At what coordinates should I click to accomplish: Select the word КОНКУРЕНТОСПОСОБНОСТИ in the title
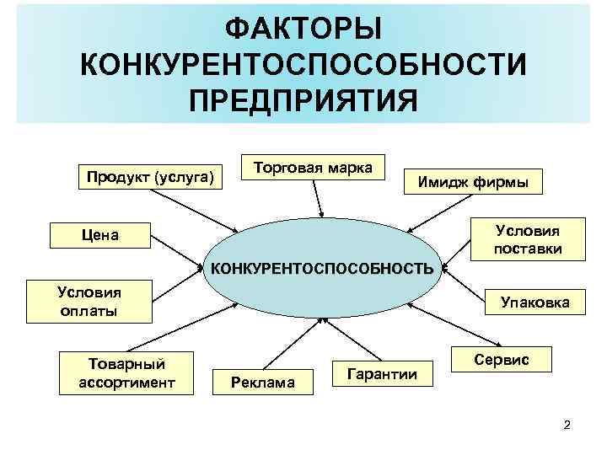tap(303, 65)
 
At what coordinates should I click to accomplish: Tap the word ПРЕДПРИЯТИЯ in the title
tap(303, 100)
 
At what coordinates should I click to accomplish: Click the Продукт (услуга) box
tap(150, 178)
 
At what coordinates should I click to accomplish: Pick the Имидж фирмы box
tap(473, 181)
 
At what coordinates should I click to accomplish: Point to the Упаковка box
tap(535, 302)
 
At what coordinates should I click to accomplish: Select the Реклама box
tap(265, 383)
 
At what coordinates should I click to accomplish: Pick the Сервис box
tap(502, 360)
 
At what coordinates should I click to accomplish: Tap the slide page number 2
tap(567, 425)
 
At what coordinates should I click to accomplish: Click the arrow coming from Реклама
tap(286, 345)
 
